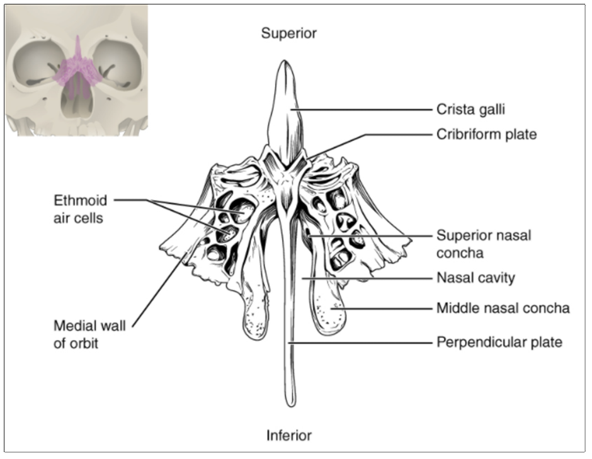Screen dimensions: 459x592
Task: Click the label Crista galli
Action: coord(470,110)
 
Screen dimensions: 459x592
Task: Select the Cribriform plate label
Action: coord(486,134)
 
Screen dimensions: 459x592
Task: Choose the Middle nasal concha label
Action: coord(503,308)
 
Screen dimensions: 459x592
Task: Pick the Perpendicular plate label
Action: coord(499,343)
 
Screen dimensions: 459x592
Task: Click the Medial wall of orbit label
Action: coord(89,334)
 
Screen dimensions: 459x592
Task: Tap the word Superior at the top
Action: coord(289,33)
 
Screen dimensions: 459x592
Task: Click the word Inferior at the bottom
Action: coord(289,434)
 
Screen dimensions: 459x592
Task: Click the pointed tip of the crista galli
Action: coord(285,62)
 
